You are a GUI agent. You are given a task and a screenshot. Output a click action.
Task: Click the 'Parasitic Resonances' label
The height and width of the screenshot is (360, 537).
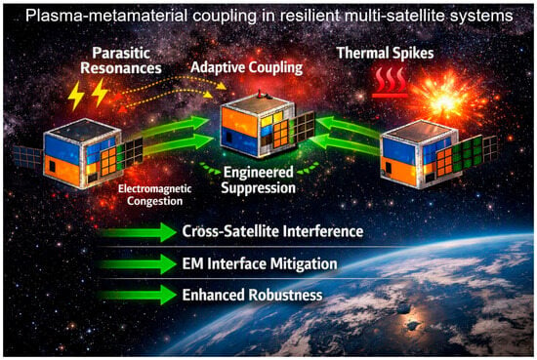tap(121, 60)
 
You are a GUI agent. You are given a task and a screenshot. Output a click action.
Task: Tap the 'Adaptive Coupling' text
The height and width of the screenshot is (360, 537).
tap(247, 67)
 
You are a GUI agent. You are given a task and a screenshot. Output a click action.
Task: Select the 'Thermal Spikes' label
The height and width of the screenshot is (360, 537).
tap(386, 53)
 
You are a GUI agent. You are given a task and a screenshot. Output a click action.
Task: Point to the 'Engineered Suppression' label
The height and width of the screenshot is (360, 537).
tap(258, 180)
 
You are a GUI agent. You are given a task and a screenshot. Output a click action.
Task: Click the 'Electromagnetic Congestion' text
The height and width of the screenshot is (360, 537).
tap(155, 195)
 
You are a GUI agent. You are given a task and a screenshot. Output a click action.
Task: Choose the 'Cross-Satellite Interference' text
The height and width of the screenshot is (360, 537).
tap(272, 231)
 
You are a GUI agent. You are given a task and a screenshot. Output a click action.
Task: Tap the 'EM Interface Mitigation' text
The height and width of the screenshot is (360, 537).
tap(260, 263)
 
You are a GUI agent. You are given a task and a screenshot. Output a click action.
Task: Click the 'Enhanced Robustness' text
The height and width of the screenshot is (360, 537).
tap(252, 295)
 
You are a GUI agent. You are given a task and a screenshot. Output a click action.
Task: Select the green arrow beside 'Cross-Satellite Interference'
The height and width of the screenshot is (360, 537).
tap(139, 232)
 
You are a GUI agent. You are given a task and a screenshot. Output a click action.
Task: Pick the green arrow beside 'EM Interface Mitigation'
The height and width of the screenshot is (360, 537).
tap(139, 263)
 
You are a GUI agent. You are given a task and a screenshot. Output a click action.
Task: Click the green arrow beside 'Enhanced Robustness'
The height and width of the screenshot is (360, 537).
tap(139, 295)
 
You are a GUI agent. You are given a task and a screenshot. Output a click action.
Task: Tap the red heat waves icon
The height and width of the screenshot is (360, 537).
tap(390, 83)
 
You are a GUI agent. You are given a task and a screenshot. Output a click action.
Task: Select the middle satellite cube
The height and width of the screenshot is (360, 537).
tap(258, 127)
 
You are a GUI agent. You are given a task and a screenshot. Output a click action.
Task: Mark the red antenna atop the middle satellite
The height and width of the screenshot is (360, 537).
tap(260, 94)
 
